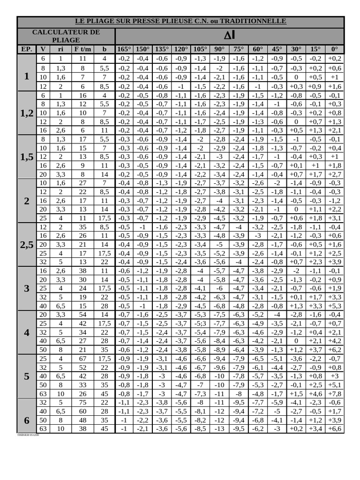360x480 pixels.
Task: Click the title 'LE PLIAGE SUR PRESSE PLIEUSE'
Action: [180, 22]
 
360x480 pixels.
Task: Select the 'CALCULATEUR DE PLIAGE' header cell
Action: [66, 36]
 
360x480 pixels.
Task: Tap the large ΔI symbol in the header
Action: [229, 36]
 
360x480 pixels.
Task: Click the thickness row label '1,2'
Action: [27, 113]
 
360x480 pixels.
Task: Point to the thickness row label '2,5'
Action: [27, 245]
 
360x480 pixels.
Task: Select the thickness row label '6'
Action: [27, 420]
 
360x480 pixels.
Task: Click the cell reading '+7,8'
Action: [334, 394]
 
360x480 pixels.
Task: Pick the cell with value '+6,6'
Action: [334, 429]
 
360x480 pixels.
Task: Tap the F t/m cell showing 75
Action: [82, 403]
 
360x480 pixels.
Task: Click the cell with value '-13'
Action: [219, 429]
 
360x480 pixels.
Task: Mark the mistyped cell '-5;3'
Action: [200, 323]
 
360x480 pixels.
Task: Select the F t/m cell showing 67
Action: [82, 359]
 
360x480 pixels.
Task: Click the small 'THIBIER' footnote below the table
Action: [28, 435]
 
